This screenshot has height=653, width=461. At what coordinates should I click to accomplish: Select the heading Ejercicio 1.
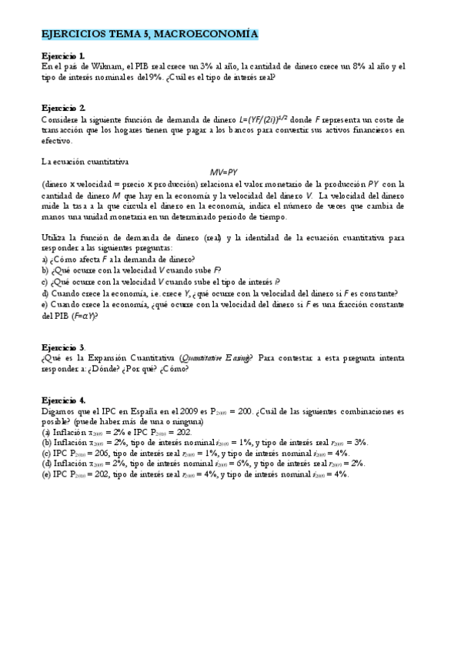[63, 57]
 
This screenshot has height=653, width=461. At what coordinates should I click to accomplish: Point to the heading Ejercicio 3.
[63, 348]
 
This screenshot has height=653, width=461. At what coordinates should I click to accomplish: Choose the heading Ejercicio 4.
[63, 400]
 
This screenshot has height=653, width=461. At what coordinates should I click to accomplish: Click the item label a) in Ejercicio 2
[45, 260]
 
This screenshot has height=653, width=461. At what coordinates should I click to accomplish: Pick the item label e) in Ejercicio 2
[45, 304]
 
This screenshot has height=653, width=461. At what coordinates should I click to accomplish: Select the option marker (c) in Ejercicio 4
[46, 454]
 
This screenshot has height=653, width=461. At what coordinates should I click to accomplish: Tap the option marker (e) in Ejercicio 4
[46, 474]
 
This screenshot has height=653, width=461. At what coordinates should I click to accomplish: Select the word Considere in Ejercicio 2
[62, 119]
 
